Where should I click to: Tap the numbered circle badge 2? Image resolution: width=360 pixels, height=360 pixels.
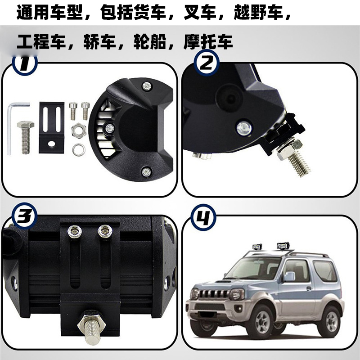pyautogui.click(x=207, y=63)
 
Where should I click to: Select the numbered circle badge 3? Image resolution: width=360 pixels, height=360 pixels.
pyautogui.click(x=24, y=216)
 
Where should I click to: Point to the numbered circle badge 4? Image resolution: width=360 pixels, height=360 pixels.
pyautogui.click(x=203, y=217)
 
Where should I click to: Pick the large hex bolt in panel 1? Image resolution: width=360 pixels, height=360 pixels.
pyautogui.click(x=26, y=137)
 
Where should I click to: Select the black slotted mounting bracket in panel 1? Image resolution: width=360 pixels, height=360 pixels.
pyautogui.click(x=51, y=128)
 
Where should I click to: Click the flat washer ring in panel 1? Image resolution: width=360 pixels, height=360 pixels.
pyautogui.click(x=79, y=150)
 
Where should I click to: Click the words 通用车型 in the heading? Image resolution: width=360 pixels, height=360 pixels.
pyautogui.click(x=49, y=12)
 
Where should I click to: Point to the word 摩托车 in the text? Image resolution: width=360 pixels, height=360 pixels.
pyautogui.click(x=208, y=42)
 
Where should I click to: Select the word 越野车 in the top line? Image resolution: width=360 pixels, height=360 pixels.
pyautogui.click(x=258, y=12)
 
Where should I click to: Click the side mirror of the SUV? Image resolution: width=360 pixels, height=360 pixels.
pyautogui.click(x=289, y=277)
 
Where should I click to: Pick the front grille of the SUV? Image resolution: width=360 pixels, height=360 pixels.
pyautogui.click(x=213, y=294)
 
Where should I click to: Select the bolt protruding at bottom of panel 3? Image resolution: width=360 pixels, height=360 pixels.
pyautogui.click(x=92, y=327)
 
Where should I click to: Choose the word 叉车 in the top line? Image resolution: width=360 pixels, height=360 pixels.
pyautogui.click(x=200, y=12)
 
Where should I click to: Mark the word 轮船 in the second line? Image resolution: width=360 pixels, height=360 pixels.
pyautogui.click(x=150, y=42)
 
